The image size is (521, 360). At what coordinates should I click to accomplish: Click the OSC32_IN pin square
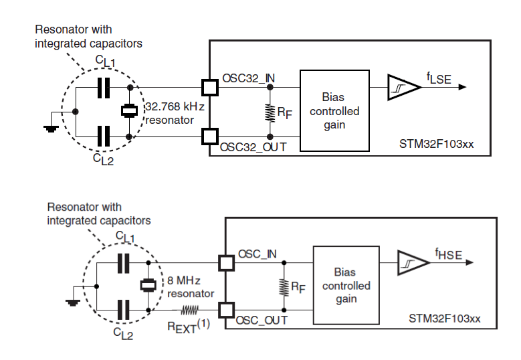(x=209, y=88)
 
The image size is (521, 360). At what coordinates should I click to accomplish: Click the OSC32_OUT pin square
(x=209, y=137)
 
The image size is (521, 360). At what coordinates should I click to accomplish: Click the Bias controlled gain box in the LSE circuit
(x=334, y=110)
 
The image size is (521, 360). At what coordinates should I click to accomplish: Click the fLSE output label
(x=439, y=79)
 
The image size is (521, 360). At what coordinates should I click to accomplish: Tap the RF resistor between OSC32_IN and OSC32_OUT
(x=270, y=112)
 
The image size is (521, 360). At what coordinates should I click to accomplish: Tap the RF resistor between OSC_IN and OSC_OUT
(x=283, y=286)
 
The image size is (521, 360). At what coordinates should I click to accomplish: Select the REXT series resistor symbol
(x=189, y=310)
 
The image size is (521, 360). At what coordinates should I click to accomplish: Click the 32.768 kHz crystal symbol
(x=129, y=112)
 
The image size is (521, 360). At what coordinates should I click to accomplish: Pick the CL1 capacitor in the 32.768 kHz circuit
(x=103, y=88)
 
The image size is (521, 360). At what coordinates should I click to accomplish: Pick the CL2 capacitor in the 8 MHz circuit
(x=123, y=309)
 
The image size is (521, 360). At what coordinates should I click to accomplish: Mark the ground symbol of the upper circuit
(x=51, y=127)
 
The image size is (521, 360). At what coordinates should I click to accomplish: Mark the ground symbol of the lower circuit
(x=72, y=302)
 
